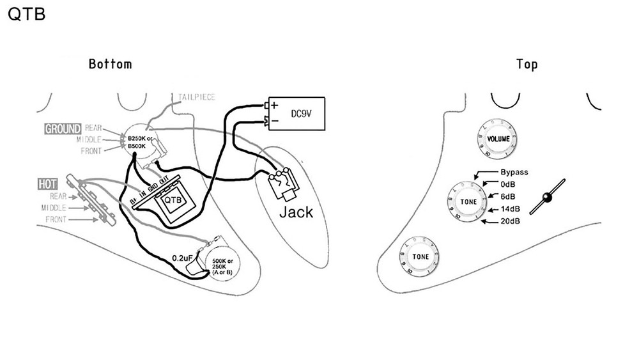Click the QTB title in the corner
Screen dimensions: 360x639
tap(26, 15)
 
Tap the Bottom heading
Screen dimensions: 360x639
tap(110, 64)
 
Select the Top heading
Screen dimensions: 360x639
tap(527, 64)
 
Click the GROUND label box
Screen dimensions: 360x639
tap(63, 129)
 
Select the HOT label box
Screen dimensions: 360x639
tap(48, 184)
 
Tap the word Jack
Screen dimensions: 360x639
tap(296, 212)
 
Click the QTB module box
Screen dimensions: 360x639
tap(173, 200)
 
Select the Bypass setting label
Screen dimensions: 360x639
tap(514, 173)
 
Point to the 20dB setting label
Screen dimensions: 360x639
tap(510, 221)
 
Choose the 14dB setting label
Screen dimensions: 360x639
tap(511, 208)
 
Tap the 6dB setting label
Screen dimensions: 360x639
tap(509, 196)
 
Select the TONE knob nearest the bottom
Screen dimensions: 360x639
tap(420, 256)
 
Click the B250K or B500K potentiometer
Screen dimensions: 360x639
tap(140, 142)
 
